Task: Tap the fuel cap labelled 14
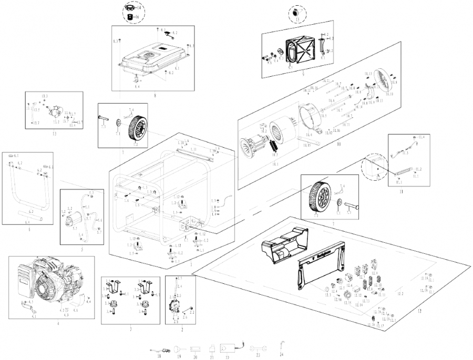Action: (129, 8)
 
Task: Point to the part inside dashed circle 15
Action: (296, 13)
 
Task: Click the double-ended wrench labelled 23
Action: (258, 348)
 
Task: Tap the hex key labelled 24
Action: (282, 344)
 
